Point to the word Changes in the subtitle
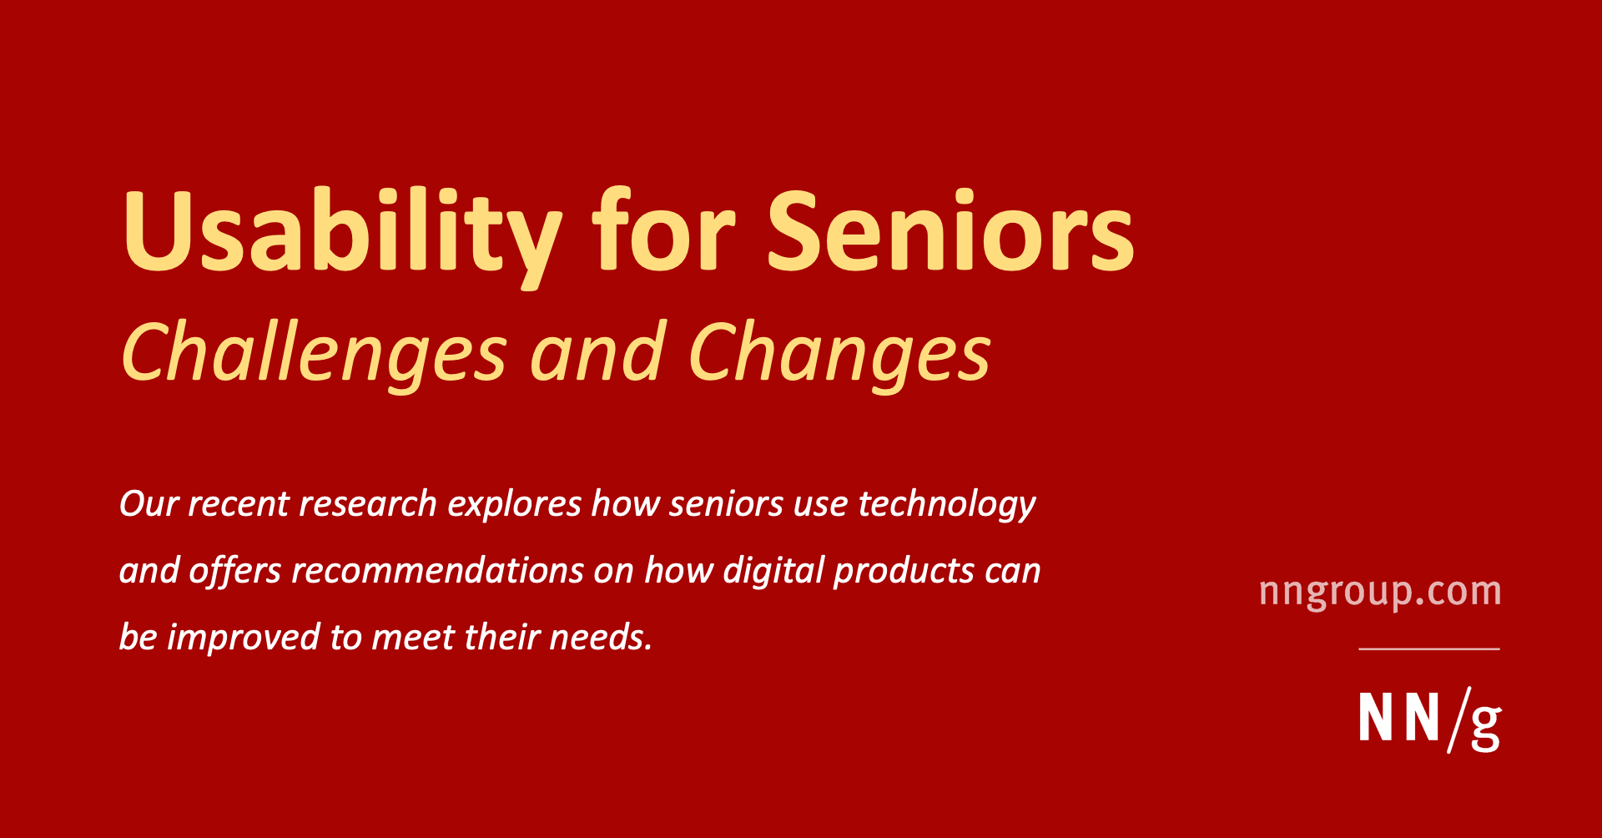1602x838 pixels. tap(839, 356)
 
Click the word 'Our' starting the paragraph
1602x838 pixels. tap(149, 503)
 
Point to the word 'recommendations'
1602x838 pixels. tap(438, 570)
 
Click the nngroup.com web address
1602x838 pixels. tap(1380, 592)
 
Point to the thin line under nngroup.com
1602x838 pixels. tap(1429, 649)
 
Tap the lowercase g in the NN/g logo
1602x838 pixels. tap(1485, 726)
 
